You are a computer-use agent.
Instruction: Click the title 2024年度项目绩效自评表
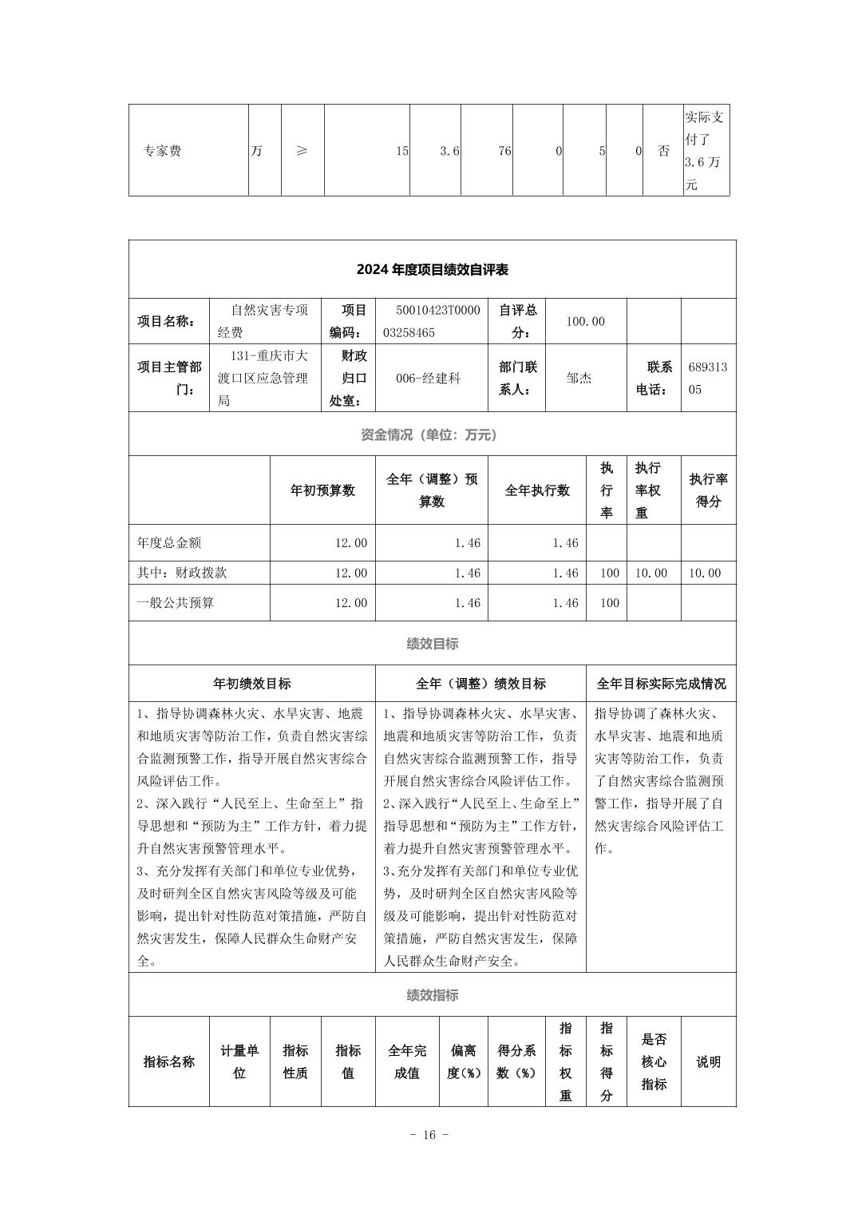432,270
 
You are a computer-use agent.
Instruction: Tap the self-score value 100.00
585,321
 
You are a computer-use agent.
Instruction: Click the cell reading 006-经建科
428,379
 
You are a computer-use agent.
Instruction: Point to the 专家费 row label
162,151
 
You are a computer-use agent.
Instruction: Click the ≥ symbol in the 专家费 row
302,151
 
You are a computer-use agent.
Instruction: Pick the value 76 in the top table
504,151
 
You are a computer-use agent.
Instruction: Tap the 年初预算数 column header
322,490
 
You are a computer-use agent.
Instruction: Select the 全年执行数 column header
537,490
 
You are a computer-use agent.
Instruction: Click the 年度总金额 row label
169,543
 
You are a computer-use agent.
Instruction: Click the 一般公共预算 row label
176,603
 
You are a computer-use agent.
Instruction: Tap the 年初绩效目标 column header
251,684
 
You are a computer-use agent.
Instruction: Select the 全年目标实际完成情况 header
661,684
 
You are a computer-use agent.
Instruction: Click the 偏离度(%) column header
463,1061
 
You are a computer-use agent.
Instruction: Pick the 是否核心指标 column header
654,1061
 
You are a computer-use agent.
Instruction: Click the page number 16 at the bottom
429,1135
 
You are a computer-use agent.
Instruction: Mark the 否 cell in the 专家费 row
663,151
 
